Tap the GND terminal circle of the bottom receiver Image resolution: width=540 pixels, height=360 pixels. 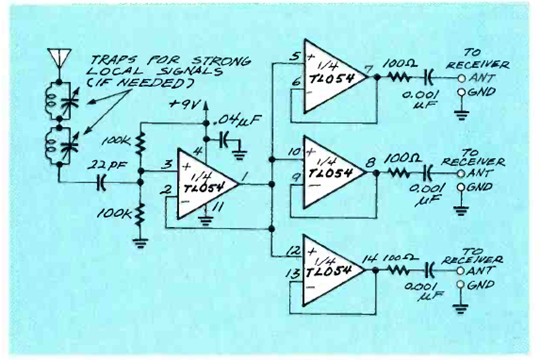coord(461,284)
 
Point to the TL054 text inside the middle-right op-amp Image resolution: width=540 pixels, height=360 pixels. coord(329,172)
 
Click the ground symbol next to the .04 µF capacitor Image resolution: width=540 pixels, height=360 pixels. coord(243,150)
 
